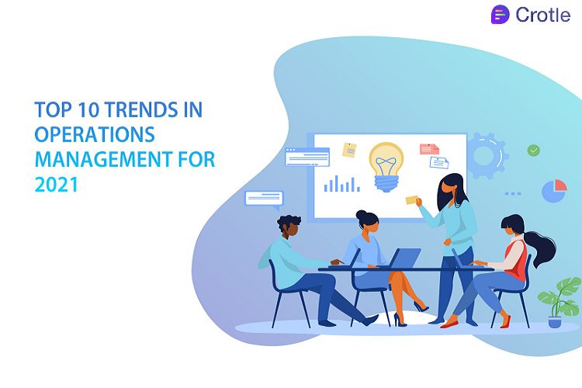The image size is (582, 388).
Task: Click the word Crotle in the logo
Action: click(542, 15)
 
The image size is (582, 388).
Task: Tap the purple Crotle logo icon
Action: click(501, 15)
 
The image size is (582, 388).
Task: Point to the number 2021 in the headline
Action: click(57, 186)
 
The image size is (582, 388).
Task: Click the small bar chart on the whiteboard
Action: click(341, 184)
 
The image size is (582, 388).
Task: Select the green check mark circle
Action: click(533, 151)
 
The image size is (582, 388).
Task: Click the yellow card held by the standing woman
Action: click(411, 200)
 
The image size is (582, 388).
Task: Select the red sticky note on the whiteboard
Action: click(429, 148)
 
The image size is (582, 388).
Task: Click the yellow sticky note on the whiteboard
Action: click(350, 149)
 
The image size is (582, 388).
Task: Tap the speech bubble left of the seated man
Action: click(264, 199)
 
